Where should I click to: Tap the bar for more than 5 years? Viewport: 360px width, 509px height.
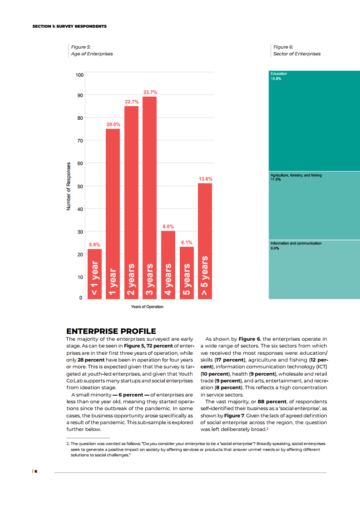pos(205,240)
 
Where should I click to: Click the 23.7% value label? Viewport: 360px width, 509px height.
pos(150,93)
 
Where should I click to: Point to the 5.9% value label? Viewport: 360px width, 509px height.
pos(94,245)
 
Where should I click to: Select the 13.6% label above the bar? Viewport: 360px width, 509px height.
pos(205,179)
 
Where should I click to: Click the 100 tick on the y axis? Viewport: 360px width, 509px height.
pos(79,74)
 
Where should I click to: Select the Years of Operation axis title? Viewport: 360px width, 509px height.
pos(147,307)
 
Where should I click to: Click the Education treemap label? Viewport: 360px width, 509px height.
pos(279,73)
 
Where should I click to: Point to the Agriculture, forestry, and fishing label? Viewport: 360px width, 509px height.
pos(296,175)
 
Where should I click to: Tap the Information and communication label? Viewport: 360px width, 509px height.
pos(296,244)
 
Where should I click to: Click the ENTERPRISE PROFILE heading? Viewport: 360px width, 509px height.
pos(111,331)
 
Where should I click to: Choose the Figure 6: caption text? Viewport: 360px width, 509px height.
pos(283,47)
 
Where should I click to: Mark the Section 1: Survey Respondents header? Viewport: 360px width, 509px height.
pos(69,26)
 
